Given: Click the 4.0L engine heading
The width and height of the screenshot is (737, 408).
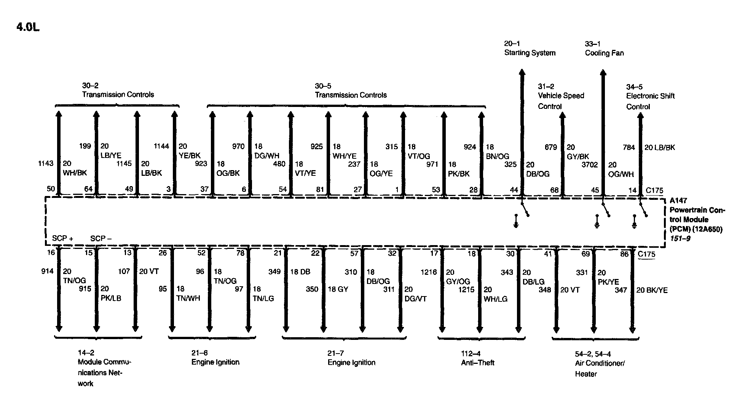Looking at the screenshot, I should click(x=28, y=27).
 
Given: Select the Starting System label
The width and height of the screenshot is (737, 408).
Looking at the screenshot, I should click(x=530, y=53).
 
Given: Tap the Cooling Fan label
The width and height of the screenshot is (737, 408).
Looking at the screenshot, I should click(x=604, y=53).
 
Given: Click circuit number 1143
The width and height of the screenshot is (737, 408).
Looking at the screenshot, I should click(x=46, y=163).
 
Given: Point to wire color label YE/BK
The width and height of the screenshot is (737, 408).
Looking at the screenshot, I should click(x=189, y=156).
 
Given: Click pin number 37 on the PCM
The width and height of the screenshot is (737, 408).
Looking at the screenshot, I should click(x=204, y=189).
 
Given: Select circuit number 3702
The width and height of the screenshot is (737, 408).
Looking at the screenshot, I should click(x=589, y=165).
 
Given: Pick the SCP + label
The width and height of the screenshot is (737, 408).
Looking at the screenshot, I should click(x=62, y=239).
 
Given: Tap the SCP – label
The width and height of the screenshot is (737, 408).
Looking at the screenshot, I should click(x=101, y=239).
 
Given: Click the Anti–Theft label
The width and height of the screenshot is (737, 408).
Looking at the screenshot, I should click(x=477, y=363).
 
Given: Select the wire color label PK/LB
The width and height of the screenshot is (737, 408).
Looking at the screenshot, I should click(x=111, y=298).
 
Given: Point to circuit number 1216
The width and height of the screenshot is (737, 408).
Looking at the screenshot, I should click(x=429, y=272).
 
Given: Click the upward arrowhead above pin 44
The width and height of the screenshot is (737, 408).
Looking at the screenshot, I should click(x=522, y=72).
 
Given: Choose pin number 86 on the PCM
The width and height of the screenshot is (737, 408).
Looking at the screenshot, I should click(x=624, y=254).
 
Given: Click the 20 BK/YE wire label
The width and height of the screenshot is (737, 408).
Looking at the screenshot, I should click(x=652, y=290).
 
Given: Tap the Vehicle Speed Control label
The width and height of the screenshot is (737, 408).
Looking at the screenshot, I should click(x=560, y=101).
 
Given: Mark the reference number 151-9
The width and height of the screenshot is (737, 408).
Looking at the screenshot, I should click(x=680, y=239).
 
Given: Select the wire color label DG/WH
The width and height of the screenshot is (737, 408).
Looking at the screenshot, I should click(x=266, y=156).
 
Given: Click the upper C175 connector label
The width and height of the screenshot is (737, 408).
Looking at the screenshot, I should click(x=654, y=191).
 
